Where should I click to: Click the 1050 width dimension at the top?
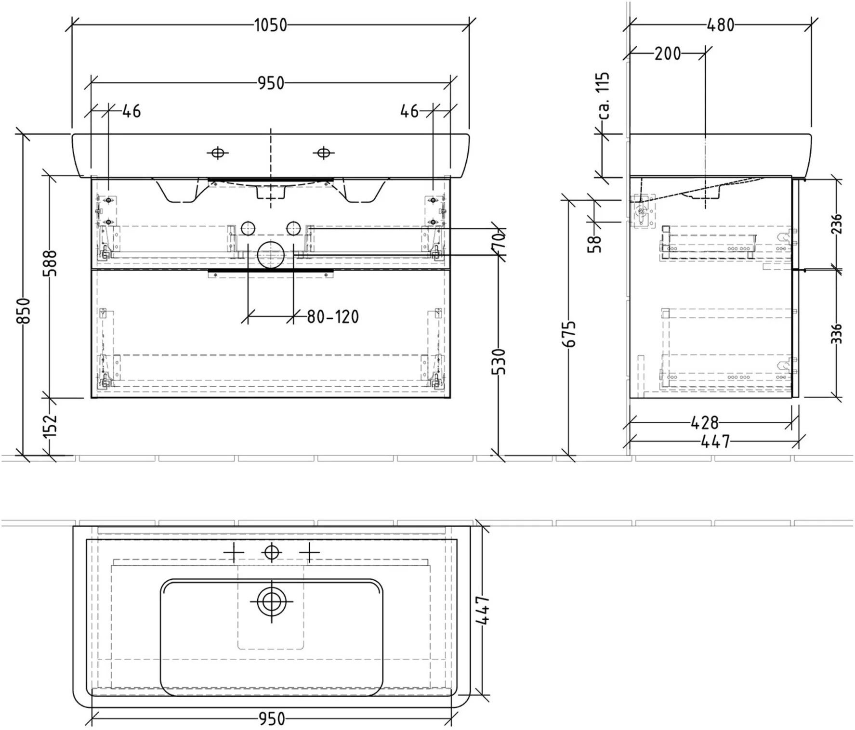(270, 25)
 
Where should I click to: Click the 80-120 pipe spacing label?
(333, 317)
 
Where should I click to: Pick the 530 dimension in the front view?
(500, 361)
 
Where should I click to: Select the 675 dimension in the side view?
(570, 333)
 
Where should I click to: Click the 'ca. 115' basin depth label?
(603, 96)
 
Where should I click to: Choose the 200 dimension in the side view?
(668, 53)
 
